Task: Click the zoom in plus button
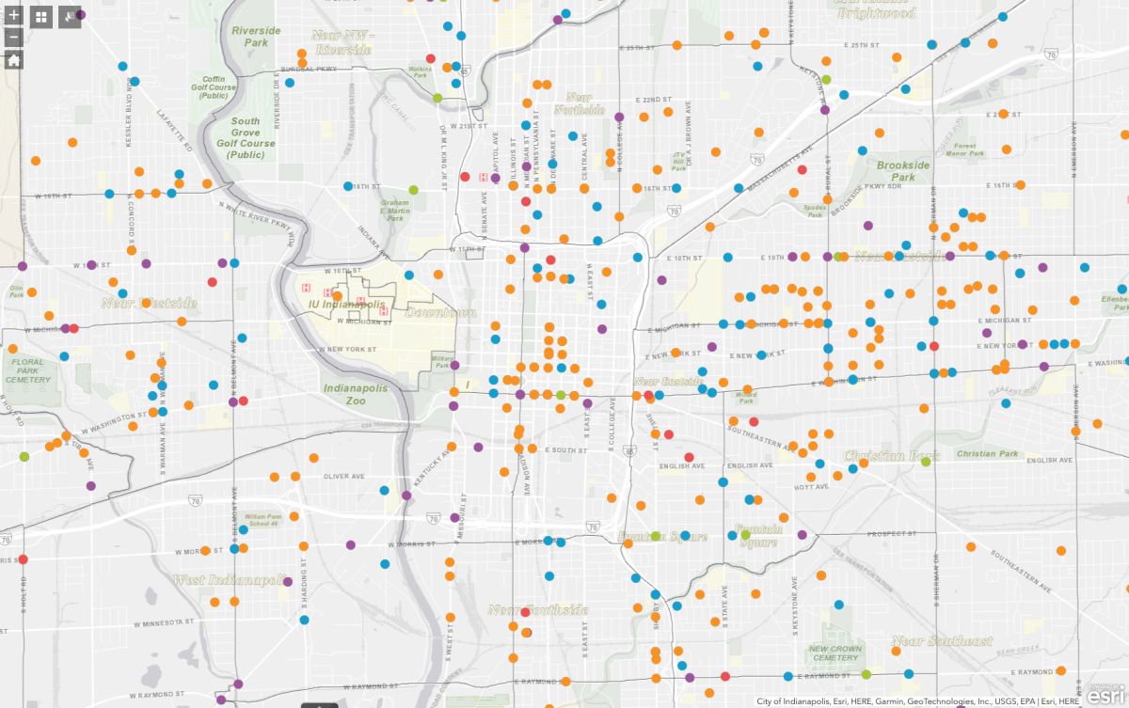[13, 16]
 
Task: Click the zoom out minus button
[13, 38]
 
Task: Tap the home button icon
[13, 60]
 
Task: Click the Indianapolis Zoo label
[355, 394]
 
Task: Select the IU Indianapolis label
[346, 305]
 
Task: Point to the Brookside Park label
[902, 171]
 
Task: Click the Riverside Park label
[256, 37]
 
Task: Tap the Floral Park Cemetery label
[27, 370]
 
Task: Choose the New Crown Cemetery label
[835, 653]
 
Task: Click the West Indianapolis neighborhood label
[228, 580]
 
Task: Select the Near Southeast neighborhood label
[942, 641]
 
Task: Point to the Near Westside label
[150, 303]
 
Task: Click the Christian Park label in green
[987, 454]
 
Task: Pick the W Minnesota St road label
[163, 622]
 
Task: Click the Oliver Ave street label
[343, 477]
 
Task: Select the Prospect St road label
[891, 534]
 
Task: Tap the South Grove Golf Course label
[246, 138]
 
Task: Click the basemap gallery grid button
[41, 16]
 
